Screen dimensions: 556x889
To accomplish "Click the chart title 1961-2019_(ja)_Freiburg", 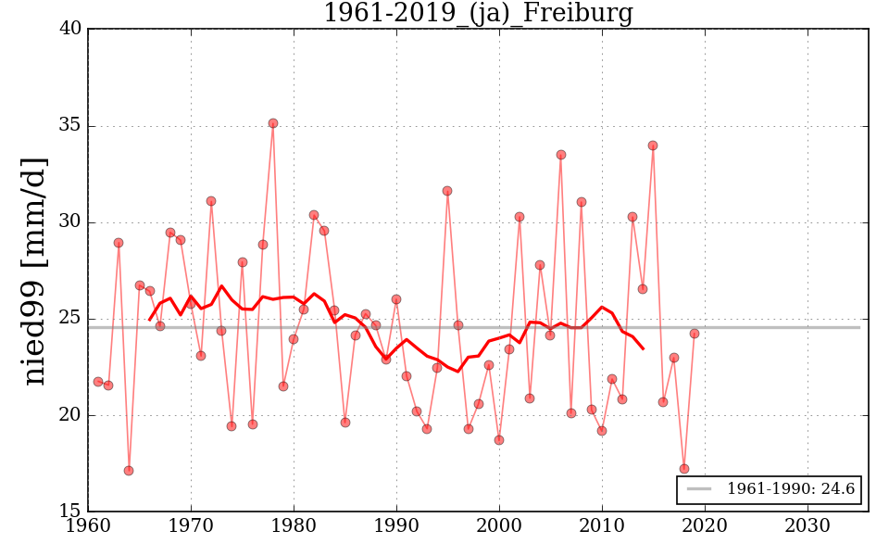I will click(x=478, y=13).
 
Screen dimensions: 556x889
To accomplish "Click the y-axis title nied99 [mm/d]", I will click(x=35, y=271).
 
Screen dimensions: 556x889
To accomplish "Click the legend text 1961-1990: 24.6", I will click(x=791, y=489).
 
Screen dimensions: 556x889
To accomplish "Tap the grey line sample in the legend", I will click(x=699, y=489).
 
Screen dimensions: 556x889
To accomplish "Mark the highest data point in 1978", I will click(x=273, y=123).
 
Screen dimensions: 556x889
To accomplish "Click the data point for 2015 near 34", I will click(x=653, y=145).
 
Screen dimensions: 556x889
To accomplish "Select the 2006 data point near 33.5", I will click(x=561, y=155).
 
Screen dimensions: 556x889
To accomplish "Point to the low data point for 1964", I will click(x=129, y=471).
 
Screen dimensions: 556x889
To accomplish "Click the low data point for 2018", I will click(x=684, y=469).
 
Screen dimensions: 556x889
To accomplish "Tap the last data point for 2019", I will click(x=695, y=334).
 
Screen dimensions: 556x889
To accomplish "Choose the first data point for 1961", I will click(x=98, y=382).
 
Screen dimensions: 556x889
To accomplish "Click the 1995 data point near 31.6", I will click(x=447, y=191).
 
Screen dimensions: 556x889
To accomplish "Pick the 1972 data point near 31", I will click(x=211, y=201).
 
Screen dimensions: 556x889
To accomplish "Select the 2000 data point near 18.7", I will click(x=499, y=440).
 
